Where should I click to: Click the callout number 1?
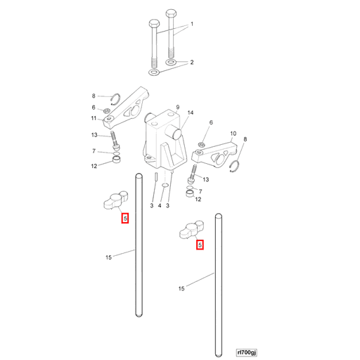(x=192, y=24)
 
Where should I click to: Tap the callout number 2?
(x=192, y=63)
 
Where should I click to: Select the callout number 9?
(x=178, y=107)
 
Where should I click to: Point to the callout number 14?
(x=191, y=112)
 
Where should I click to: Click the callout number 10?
(x=233, y=134)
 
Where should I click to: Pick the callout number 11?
(x=94, y=118)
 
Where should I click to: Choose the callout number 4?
(x=160, y=206)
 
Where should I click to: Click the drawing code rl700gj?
(x=247, y=352)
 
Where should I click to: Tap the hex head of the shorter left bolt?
(x=154, y=24)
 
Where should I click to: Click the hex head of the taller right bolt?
(x=171, y=13)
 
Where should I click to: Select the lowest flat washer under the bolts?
(x=154, y=72)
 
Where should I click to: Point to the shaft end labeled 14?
(x=177, y=134)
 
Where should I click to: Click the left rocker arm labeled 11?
(x=126, y=108)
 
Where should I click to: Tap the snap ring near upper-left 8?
(x=116, y=99)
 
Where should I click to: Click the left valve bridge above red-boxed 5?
(x=115, y=200)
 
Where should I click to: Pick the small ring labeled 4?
(x=165, y=186)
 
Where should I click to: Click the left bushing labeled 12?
(x=117, y=160)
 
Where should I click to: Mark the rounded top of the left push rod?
(x=139, y=175)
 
